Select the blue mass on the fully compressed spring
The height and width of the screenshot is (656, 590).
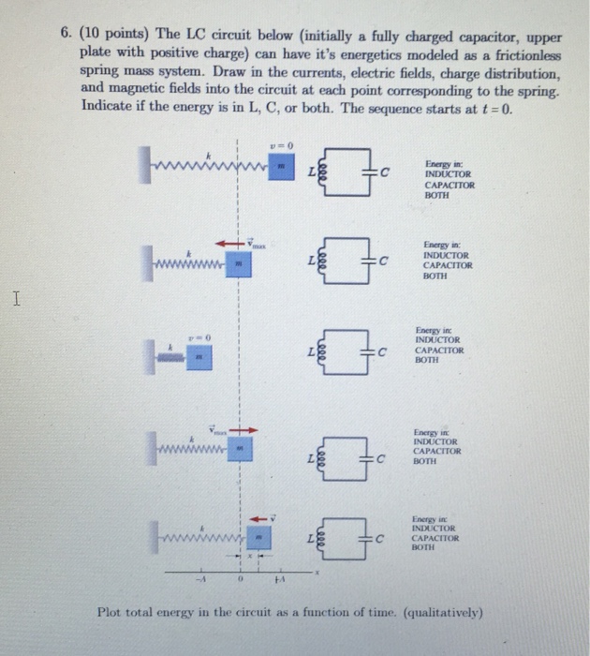[x=199, y=356]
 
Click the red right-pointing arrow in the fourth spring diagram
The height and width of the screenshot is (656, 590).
[x=245, y=430]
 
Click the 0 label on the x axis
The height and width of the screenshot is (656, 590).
[x=239, y=578]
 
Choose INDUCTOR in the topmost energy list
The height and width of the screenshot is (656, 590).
[x=448, y=174]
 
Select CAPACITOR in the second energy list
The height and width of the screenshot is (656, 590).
[x=449, y=265]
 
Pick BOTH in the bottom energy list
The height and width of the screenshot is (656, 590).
[x=435, y=548]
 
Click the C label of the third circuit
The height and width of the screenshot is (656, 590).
[x=381, y=351]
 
